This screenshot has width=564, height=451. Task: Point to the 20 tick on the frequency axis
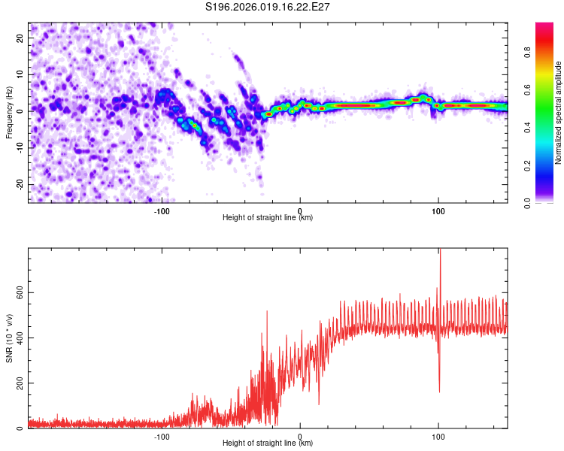[x=20, y=38]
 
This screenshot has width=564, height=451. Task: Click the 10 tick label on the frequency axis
[x=20, y=74]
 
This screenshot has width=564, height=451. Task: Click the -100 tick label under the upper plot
[x=162, y=211]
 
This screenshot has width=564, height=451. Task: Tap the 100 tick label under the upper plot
[x=438, y=211]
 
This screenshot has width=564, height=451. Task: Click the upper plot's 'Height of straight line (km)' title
[x=268, y=218]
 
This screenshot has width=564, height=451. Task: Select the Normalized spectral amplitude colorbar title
[x=558, y=113]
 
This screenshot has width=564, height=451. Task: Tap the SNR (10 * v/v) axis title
[x=10, y=338]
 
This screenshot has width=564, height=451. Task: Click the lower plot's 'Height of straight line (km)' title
[x=268, y=443]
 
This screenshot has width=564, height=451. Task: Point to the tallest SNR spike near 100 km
[x=440, y=253]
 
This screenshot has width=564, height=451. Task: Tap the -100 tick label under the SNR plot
[x=162, y=437]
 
